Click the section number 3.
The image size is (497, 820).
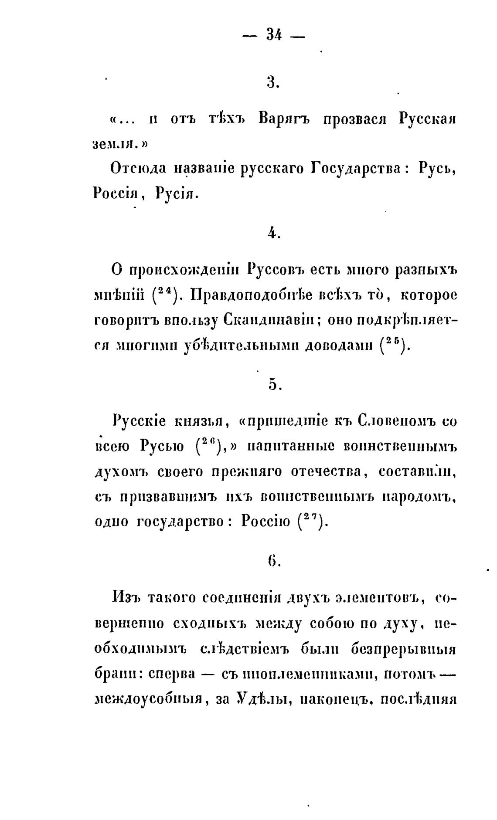273,81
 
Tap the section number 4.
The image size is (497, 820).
273,234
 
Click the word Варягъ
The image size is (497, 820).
283,119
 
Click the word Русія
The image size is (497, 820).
177,193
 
